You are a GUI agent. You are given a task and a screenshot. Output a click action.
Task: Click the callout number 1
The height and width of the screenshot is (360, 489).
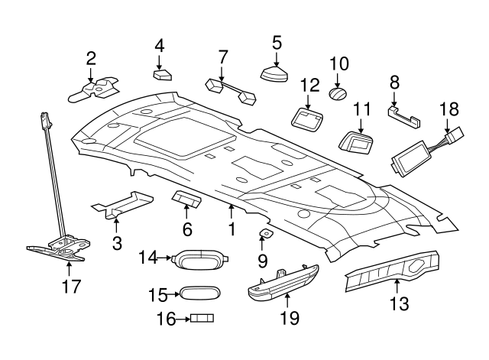pyautogui.click(x=230, y=229)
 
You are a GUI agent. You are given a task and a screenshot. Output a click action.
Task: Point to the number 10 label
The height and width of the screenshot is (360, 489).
pyautogui.click(x=338, y=63)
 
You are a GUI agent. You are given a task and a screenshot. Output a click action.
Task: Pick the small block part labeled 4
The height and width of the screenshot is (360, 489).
pyautogui.click(x=162, y=75)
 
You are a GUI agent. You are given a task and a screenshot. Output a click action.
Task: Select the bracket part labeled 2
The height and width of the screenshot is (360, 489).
pyautogui.click(x=96, y=89)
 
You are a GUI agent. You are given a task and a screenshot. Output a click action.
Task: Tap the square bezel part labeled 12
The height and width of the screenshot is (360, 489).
pyautogui.click(x=308, y=116)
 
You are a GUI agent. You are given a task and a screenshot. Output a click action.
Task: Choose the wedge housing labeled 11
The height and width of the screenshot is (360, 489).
pyautogui.click(x=354, y=142)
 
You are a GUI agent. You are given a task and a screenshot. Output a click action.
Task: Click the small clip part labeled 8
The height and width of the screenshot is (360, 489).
pyautogui.click(x=406, y=115)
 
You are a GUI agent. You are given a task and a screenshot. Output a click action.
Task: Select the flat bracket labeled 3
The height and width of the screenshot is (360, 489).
pyautogui.click(x=122, y=203)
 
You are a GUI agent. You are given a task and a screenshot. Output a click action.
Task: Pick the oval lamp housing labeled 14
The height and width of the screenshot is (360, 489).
pyautogui.click(x=199, y=260)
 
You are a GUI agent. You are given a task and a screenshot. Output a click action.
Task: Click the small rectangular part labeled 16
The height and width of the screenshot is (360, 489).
pyautogui.click(x=201, y=318)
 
